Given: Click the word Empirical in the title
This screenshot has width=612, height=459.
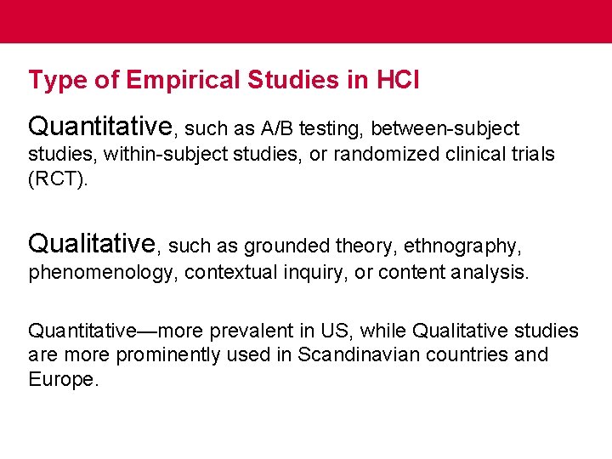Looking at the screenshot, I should [x=183, y=80].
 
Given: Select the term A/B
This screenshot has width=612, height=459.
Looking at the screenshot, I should [x=279, y=129].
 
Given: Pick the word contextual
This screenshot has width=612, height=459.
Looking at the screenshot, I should [x=224, y=272].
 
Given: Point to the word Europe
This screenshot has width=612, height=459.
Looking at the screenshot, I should [x=63, y=379].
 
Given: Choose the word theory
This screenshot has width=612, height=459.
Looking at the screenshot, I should [x=362, y=246].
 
